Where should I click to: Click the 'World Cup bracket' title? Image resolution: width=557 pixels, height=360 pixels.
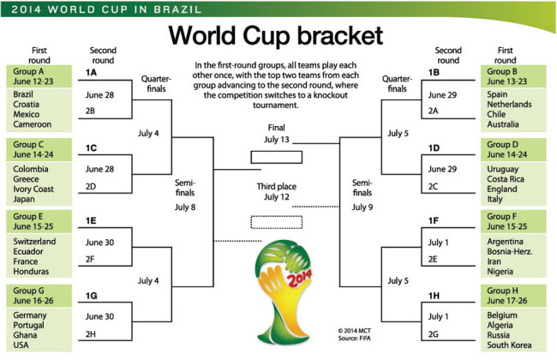point(276,36)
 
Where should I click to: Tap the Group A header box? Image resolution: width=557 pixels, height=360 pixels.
point(35,75)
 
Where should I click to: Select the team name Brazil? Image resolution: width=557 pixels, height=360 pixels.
point(25,93)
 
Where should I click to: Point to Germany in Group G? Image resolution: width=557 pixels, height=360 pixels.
point(30,315)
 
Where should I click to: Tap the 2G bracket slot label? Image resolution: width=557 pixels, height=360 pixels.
point(434,333)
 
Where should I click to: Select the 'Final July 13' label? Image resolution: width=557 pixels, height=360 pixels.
point(277,133)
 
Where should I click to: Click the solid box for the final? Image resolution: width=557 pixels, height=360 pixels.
point(277,157)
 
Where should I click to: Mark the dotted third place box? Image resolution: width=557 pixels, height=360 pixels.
point(277,222)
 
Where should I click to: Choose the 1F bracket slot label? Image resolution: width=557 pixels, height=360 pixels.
point(434,221)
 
